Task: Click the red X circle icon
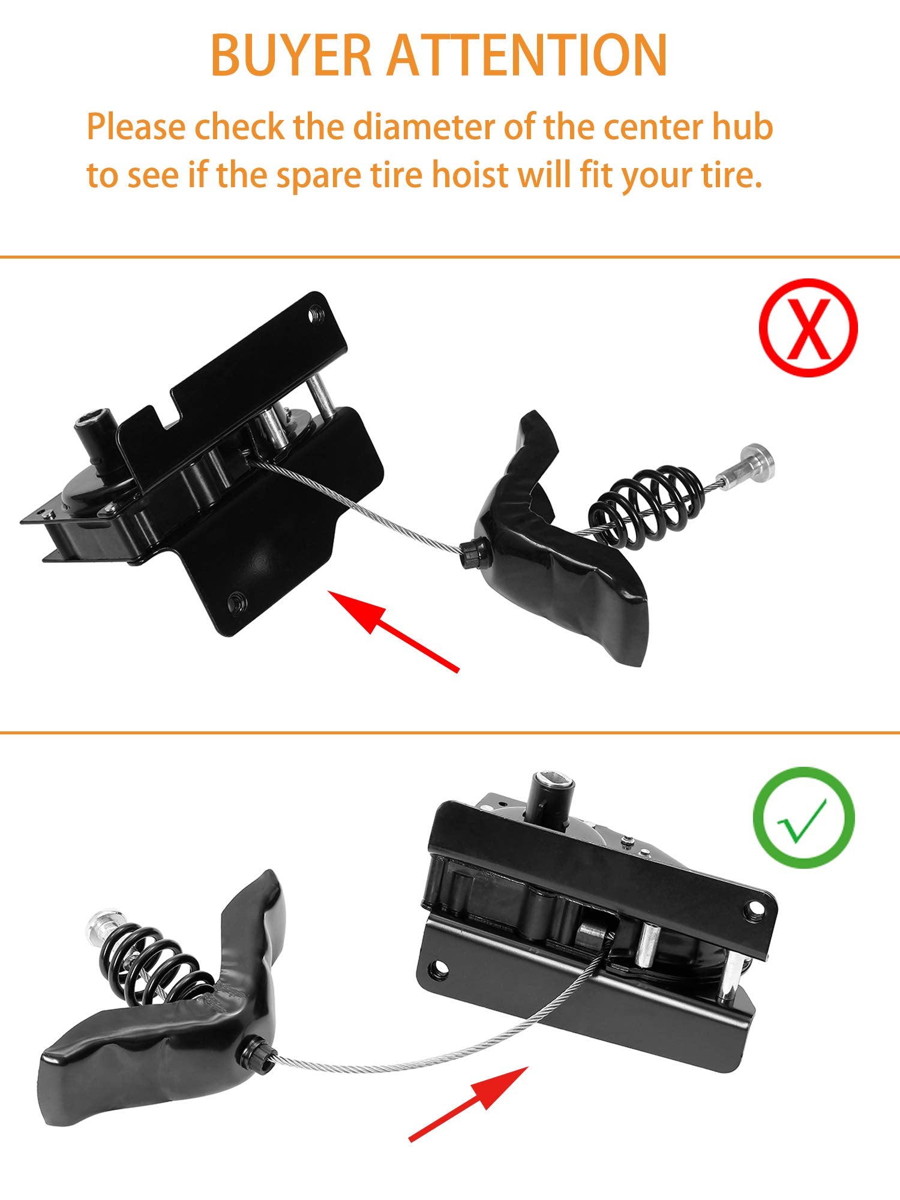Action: (808, 328)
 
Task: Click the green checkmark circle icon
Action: (804, 817)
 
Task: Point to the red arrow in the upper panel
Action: (393, 630)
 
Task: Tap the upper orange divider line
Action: (450, 257)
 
